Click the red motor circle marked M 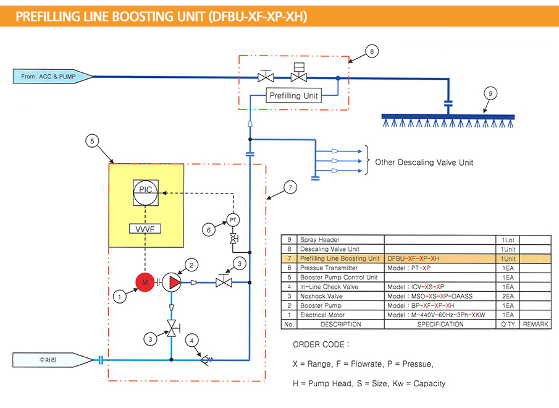click(x=146, y=282)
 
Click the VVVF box click(x=145, y=229)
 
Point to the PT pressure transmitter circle click(x=233, y=219)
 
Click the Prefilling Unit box click(x=294, y=96)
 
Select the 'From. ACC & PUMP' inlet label click(x=52, y=76)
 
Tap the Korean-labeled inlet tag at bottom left click(x=52, y=359)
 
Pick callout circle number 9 click(x=490, y=93)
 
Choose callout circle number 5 click(x=92, y=141)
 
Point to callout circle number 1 click(x=121, y=296)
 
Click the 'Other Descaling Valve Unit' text click(x=423, y=163)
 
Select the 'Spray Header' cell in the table click(x=319, y=239)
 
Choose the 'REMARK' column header click(x=536, y=324)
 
